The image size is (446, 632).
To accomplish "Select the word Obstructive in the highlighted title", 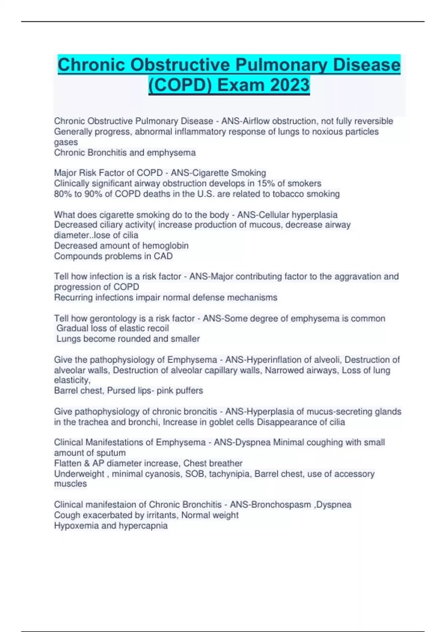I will [180, 65].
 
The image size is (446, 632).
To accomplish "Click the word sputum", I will [110, 453].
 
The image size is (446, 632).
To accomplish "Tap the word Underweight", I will [79, 474].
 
